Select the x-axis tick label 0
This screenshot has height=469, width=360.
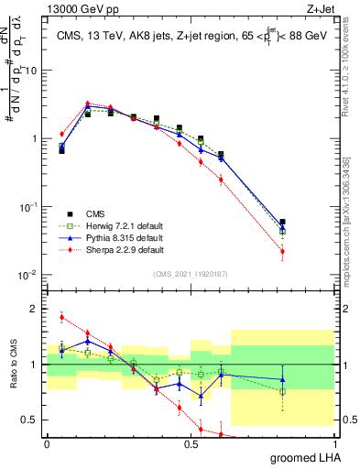47,443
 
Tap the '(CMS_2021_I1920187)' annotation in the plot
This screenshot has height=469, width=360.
190,274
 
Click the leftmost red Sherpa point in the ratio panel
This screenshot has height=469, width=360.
61,318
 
